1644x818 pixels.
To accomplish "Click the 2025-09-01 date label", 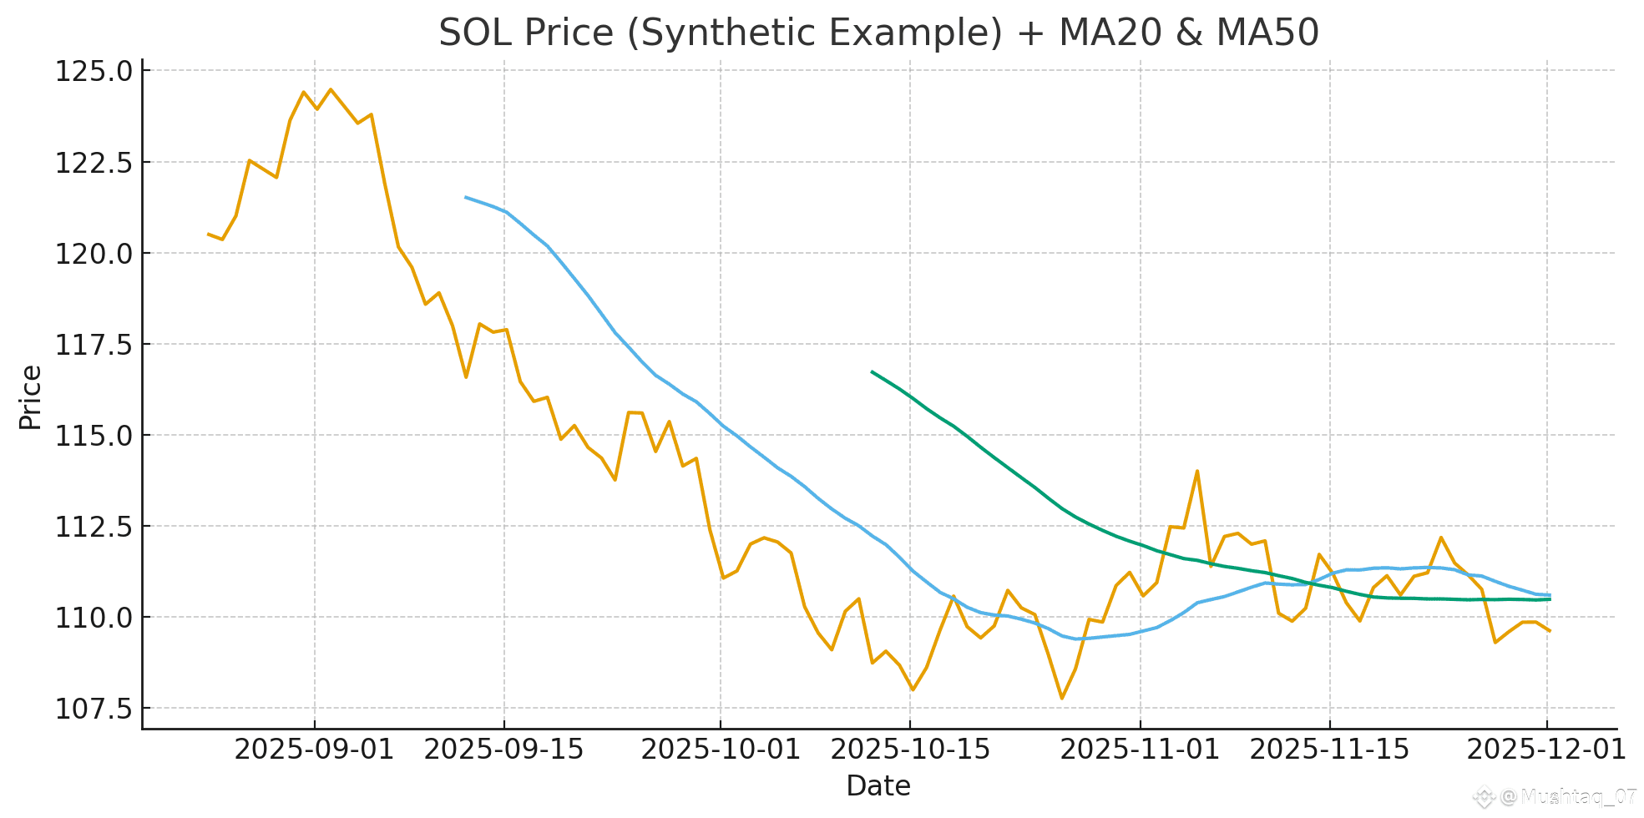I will pyautogui.click(x=314, y=750).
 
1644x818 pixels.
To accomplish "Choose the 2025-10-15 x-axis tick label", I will pyautogui.click(x=910, y=750).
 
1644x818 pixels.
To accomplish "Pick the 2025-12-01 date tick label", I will pyautogui.click(x=1546, y=750).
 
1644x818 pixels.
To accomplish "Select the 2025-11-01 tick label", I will pyautogui.click(x=1140, y=750).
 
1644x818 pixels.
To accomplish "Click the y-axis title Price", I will pyautogui.click(x=30, y=397).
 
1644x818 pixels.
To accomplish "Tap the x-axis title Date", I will pyautogui.click(x=878, y=786).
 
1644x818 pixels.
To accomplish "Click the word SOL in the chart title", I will pyautogui.click(x=474, y=33).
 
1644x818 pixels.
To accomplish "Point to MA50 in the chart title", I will pyautogui.click(x=1267, y=33).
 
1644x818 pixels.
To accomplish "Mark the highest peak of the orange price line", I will pyautogui.click(x=331, y=89).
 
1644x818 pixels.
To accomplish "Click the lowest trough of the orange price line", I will pyautogui.click(x=1061, y=699).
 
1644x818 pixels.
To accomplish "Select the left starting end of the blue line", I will pyautogui.click(x=466, y=197).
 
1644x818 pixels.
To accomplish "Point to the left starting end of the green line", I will pyautogui.click(x=872, y=371).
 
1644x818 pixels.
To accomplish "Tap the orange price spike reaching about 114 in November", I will pyautogui.click(x=1197, y=471).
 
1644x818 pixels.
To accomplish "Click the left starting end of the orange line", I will pyautogui.click(x=208, y=234).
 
